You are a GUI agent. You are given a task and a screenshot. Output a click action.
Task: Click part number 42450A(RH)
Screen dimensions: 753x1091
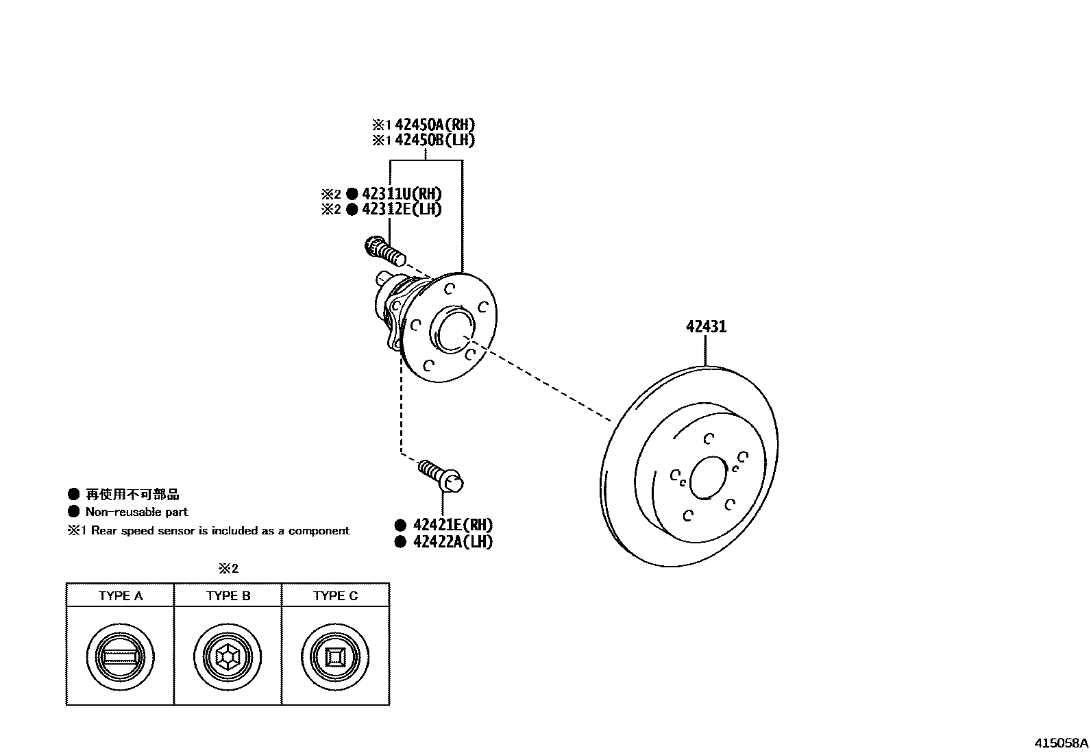coord(434,125)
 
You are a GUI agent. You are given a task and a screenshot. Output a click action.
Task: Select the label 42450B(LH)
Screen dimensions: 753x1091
coord(434,140)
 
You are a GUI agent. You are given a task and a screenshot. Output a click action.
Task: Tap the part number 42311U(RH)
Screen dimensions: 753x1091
coord(402,194)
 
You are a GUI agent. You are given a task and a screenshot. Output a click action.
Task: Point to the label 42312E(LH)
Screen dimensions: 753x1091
coord(402,210)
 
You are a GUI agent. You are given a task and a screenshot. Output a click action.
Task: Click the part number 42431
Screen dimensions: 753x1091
coord(706,327)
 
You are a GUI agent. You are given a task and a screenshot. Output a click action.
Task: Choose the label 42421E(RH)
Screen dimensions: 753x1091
coord(453,526)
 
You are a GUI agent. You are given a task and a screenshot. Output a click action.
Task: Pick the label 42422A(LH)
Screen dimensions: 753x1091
coord(453,542)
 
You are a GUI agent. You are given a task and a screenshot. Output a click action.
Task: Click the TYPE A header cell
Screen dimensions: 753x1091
coord(121,595)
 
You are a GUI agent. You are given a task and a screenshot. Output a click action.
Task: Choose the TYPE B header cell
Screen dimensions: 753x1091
coord(228,595)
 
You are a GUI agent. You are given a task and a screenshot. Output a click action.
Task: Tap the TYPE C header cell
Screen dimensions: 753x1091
coord(336,595)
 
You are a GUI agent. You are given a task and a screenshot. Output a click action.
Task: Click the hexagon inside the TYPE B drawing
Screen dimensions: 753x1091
coord(228,657)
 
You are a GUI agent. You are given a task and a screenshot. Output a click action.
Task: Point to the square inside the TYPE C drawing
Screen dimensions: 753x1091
coord(335,657)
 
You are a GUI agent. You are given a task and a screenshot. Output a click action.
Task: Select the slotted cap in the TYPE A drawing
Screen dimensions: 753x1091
coord(121,657)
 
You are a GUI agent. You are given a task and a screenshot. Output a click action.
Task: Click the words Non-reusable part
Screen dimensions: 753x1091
coord(136,512)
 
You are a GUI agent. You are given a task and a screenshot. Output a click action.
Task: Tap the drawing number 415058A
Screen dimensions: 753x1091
coord(1061,743)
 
